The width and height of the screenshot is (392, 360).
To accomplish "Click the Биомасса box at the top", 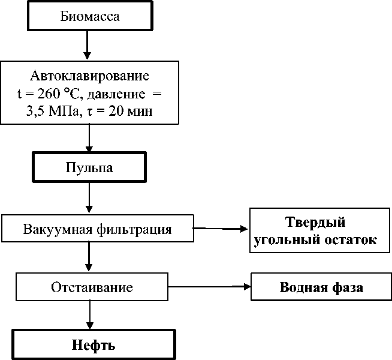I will click(89, 16).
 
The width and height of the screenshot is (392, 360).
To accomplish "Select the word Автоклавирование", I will click(89, 77).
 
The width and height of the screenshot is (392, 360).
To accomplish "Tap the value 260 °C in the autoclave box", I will click(58, 94).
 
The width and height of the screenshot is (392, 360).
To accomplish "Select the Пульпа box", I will click(89, 167).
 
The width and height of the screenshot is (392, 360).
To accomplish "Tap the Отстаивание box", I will click(92, 287).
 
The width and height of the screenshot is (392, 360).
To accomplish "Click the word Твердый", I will click(315, 223).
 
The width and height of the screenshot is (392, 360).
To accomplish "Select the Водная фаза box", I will click(321, 287).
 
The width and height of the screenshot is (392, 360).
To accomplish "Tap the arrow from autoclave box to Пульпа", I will click(89, 139).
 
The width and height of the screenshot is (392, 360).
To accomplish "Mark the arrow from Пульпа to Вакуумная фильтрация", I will click(89, 198).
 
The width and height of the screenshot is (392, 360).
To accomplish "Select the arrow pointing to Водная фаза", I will click(210, 287).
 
